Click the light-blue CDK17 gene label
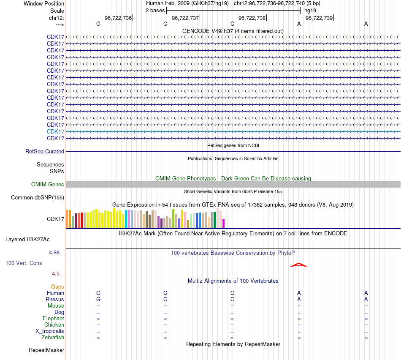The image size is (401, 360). [56, 131]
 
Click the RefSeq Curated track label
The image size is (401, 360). [45, 151]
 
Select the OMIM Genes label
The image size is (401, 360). [48, 184]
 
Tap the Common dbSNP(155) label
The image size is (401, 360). [38, 197]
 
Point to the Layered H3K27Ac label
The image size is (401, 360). [27, 239]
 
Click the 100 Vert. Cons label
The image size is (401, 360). [24, 263]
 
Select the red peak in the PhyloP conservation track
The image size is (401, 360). [299, 265]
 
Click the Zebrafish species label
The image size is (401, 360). [53, 337]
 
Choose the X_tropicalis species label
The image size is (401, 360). [50, 331]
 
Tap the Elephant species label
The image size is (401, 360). [53, 318]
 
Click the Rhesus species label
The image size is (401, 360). [55, 299]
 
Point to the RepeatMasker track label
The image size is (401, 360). [46, 350]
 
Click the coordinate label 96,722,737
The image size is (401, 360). [185, 18]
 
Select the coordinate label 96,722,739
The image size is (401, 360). [319, 18]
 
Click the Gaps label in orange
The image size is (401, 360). [57, 286]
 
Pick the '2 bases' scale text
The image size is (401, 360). [155, 10]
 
